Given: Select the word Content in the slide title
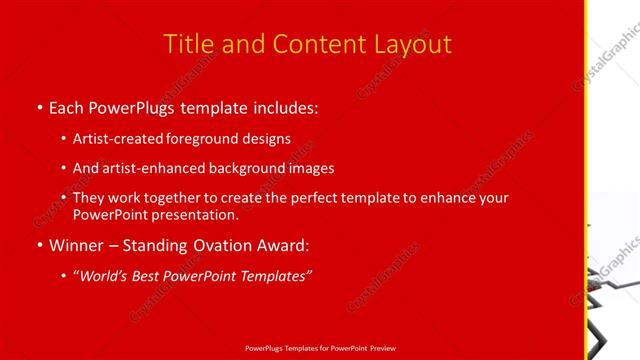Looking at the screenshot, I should click(x=305, y=44).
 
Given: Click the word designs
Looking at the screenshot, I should click(x=267, y=140).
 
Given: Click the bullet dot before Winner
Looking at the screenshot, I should click(x=39, y=245).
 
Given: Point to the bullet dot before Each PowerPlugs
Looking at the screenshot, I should click(x=39, y=106).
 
